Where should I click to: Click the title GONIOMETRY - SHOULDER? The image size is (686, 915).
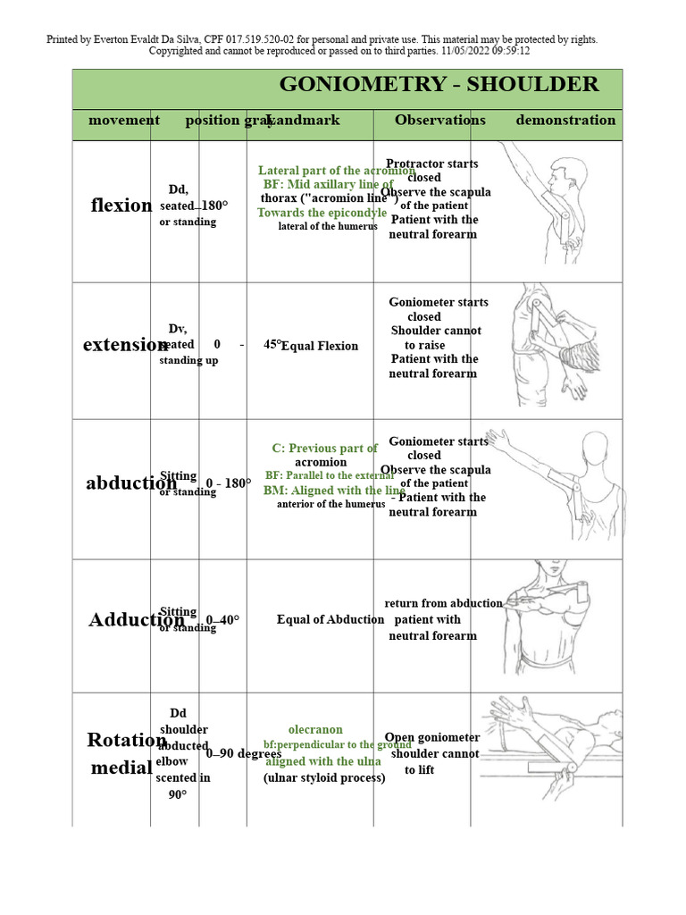click(439, 85)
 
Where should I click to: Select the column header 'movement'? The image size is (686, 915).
click(124, 121)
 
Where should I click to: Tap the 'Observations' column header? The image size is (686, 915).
click(440, 121)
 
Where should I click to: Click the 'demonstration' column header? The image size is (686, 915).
click(565, 121)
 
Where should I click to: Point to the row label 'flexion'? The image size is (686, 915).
click(121, 206)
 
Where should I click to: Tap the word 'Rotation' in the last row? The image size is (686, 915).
click(126, 740)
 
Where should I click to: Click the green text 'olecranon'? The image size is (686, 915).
click(315, 730)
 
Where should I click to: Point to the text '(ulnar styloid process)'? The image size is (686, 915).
click(324, 778)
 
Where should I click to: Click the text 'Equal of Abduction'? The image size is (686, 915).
click(330, 620)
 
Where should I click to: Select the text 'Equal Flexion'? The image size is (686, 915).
click(320, 347)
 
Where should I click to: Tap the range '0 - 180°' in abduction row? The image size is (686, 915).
click(229, 484)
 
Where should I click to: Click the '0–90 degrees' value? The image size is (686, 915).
click(244, 754)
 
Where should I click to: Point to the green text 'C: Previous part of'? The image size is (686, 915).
click(325, 449)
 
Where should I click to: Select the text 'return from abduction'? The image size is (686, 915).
click(444, 604)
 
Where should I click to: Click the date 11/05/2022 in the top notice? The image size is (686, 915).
click(456, 51)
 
